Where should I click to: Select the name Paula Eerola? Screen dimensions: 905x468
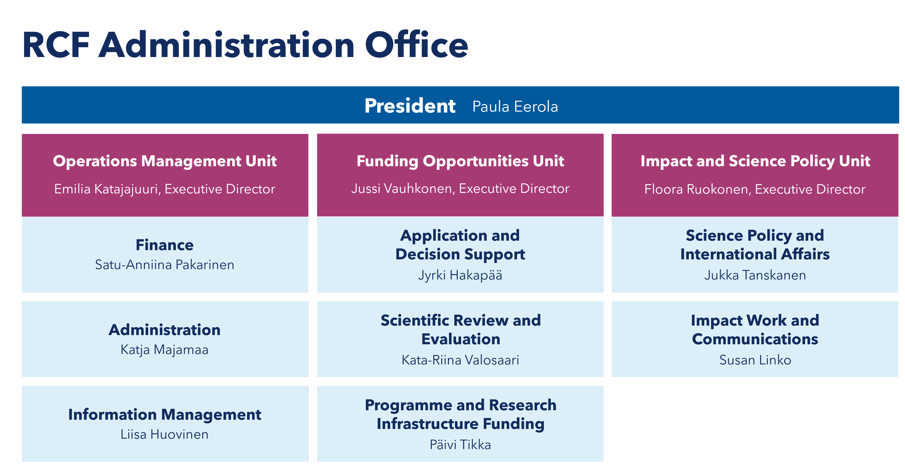(x=515, y=107)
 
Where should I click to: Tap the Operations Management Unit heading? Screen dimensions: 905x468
(x=165, y=161)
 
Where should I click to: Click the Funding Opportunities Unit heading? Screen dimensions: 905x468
(x=460, y=161)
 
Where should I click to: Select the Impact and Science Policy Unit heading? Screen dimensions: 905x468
(x=755, y=161)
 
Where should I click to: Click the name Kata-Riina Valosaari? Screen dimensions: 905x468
(x=460, y=360)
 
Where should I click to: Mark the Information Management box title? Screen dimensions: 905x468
(x=165, y=415)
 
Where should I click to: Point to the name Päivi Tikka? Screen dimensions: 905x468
(x=460, y=445)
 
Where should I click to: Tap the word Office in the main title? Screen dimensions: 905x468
(x=417, y=45)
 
